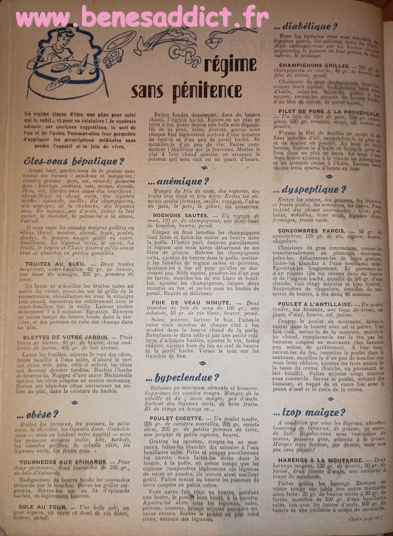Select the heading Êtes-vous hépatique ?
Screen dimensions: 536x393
tap(74, 161)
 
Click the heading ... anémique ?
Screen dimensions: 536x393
tap(178, 182)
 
